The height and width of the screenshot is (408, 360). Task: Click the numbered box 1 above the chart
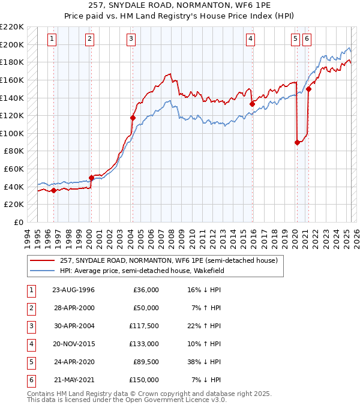53,39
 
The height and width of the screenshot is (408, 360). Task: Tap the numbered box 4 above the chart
250,39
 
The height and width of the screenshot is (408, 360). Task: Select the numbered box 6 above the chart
307,39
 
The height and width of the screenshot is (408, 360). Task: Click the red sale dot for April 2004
133,118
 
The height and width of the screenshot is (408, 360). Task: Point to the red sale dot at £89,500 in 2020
297,142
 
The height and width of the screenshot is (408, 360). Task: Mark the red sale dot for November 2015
252,104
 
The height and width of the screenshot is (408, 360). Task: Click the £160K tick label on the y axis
13,80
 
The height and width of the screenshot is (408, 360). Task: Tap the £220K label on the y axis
13,26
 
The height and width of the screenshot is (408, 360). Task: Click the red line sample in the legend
42,261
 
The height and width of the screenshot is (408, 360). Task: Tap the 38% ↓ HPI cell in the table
205,362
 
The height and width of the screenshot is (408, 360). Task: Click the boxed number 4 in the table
31,344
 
